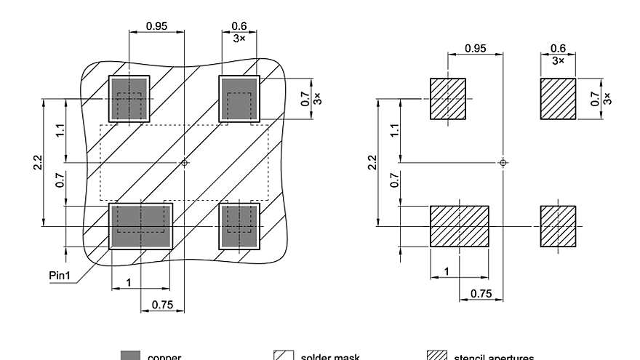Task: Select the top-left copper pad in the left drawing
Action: coord(129,99)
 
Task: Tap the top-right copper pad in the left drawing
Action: coord(239,99)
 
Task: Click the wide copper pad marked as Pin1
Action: coord(141,227)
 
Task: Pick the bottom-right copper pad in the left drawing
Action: coord(239,227)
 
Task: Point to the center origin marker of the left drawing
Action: coord(185,163)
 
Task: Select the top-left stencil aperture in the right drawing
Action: coord(448,99)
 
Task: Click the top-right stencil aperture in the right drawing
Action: coord(558,99)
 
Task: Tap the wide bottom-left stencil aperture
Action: coord(460,227)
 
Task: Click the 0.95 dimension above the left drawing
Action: coord(156,25)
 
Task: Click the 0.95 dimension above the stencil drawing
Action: coord(476,48)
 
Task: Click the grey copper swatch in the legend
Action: coord(129,356)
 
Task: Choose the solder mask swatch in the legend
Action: coord(283,356)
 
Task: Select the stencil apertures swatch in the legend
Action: coord(436,356)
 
